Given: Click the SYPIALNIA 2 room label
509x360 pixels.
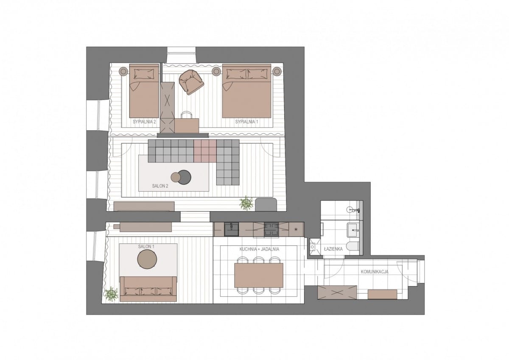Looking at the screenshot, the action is tap(144, 122).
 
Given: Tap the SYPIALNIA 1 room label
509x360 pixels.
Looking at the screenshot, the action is tap(246, 122).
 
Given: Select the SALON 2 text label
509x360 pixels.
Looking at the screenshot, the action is tap(160, 186).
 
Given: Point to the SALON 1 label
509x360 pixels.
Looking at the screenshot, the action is tap(146, 246).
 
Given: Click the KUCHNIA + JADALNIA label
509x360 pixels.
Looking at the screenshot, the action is tap(259, 249).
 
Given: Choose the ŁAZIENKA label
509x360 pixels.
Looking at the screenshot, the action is tap(333, 249).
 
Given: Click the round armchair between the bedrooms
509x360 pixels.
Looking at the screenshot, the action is tap(191, 82).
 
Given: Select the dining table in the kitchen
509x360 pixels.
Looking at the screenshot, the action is tap(259, 275).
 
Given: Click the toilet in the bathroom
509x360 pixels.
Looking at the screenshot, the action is tap(353, 246).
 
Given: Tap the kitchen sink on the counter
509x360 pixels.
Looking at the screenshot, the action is tap(231, 229).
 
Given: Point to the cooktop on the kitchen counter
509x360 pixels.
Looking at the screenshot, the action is tap(271, 230).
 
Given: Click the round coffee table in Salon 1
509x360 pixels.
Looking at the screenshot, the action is tap(147, 259).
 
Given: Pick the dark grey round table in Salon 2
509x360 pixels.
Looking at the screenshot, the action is tap(184, 177).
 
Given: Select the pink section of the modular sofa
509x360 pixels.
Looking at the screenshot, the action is tap(205, 151).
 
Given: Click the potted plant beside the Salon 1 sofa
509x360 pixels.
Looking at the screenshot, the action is tap(111, 294).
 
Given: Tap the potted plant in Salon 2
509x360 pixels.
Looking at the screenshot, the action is tap(246, 203).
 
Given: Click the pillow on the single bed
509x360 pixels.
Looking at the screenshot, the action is tap(144, 74).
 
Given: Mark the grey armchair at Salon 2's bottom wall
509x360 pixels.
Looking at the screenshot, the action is tap(266, 204).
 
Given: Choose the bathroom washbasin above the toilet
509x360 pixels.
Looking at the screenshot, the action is tap(353, 230).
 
